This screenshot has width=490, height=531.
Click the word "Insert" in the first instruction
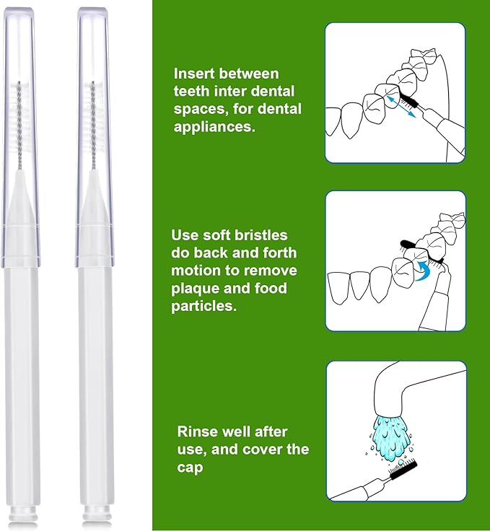(x=194, y=74)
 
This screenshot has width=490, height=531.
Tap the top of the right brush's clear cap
(x=92, y=12)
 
